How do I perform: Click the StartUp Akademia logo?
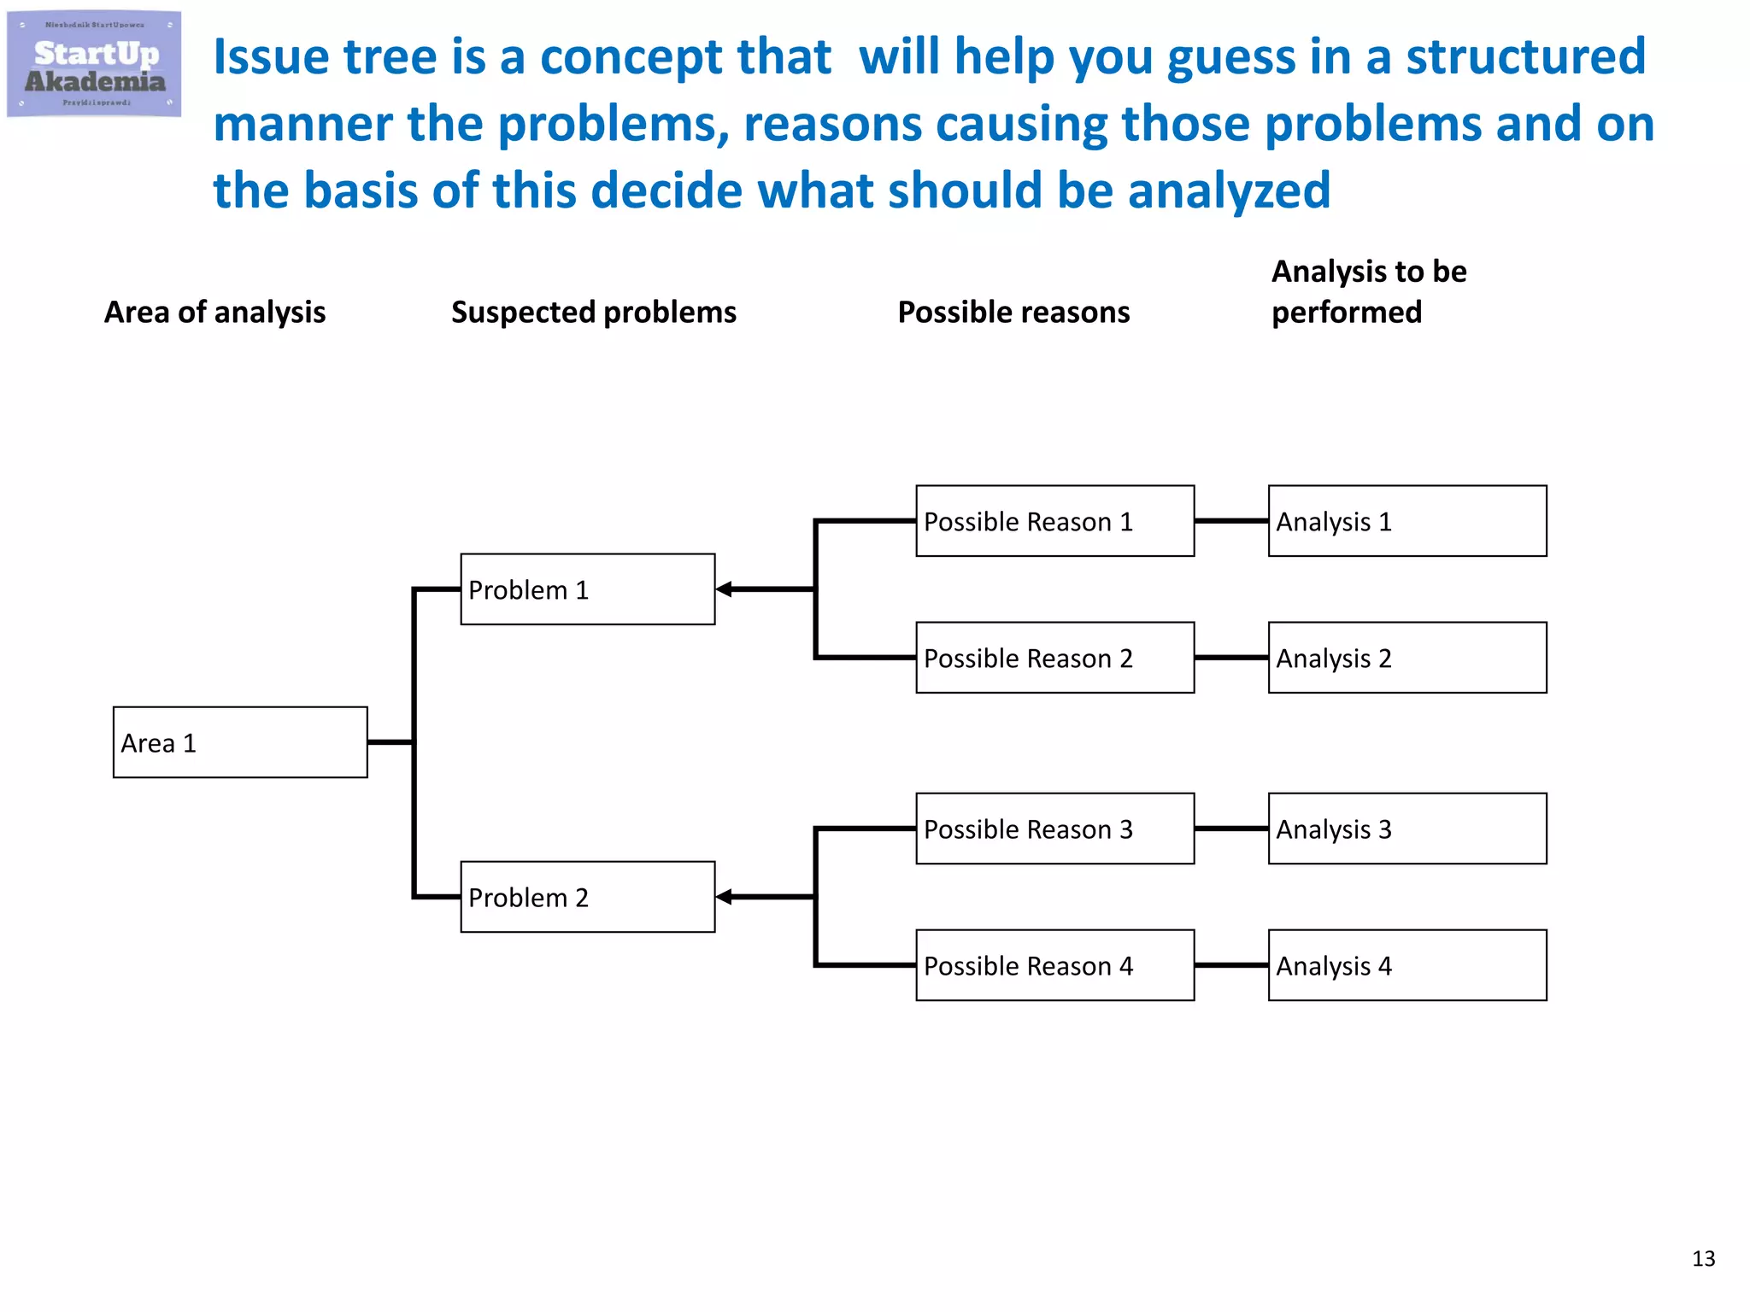(94, 64)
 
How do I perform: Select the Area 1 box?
(240, 742)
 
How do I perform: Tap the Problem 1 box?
(587, 589)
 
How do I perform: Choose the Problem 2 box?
(587, 897)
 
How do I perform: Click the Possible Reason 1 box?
(1054, 521)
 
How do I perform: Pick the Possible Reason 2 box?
(1054, 658)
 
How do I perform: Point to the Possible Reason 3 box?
(1054, 829)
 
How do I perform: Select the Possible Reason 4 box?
(1054, 965)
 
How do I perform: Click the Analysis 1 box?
(1406, 521)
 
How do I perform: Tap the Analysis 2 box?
(1406, 658)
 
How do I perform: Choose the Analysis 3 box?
(1406, 829)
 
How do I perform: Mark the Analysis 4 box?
(1406, 965)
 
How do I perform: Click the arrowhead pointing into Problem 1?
(725, 589)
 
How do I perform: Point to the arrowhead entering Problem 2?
(725, 897)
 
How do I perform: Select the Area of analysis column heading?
(214, 313)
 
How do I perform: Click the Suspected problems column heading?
(593, 313)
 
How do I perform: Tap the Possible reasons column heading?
(1013, 313)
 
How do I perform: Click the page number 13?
(1703, 1258)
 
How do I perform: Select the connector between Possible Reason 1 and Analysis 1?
(1230, 521)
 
